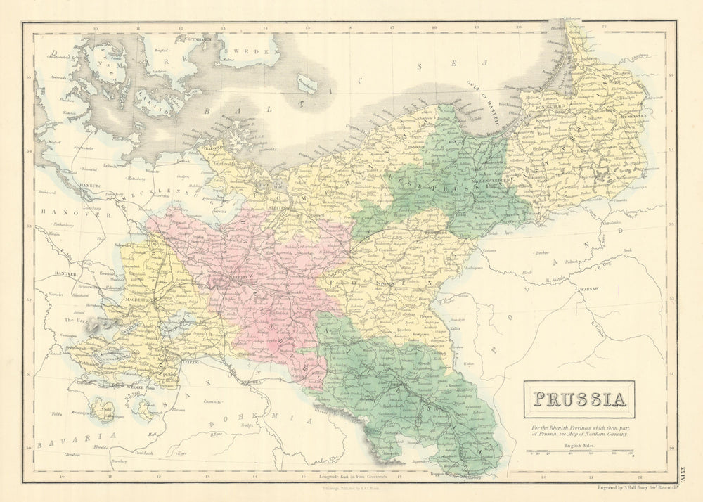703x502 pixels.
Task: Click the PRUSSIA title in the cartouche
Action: point(579,399)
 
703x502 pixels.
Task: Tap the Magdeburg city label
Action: point(119,299)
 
